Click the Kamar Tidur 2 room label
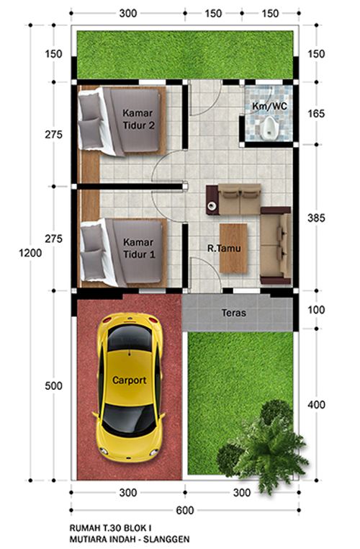138,119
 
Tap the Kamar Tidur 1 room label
138,249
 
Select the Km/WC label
269,106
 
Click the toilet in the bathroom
269,127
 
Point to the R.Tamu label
224,249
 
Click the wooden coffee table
233,249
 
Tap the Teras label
234,313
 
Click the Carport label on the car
129,380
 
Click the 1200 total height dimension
30,253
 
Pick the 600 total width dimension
184,510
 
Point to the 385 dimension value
316,218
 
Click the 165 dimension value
316,113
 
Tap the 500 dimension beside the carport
53,385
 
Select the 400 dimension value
316,404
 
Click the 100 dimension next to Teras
316,310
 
